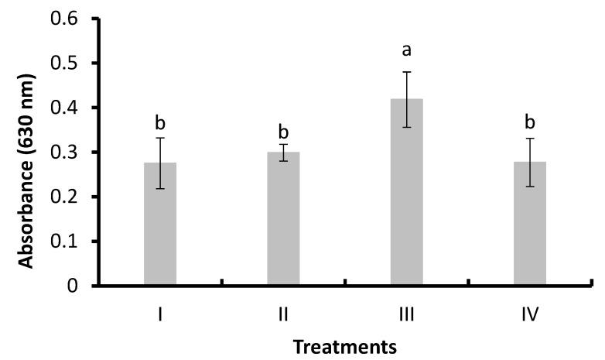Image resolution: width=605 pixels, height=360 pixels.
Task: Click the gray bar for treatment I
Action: click(160, 232)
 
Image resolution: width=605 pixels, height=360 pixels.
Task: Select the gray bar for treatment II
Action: click(283, 225)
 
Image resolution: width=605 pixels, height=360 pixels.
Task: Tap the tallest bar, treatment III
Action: click(406, 201)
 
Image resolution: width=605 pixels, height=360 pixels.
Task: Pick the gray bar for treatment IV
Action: click(529, 232)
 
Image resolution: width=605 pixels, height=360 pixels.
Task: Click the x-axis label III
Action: click(406, 315)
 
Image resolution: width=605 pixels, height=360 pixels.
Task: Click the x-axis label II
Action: click(283, 315)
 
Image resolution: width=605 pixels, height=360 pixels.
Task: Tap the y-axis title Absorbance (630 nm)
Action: click(27, 172)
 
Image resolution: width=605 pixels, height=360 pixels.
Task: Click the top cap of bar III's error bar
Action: click(406, 72)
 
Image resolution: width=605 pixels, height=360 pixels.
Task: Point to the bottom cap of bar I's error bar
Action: click(160, 188)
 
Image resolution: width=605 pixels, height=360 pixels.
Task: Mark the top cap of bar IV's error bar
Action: click(529, 139)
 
